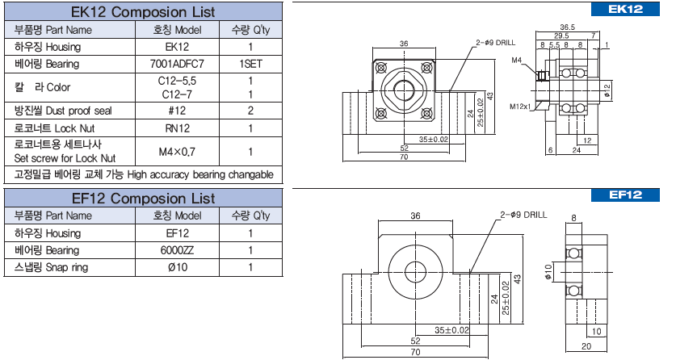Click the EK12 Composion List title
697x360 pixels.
[143, 12]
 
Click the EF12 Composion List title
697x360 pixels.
[143, 198]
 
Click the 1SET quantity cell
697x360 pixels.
[251, 63]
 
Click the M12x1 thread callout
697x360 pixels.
[519, 106]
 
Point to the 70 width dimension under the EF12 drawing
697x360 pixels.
[415, 353]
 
